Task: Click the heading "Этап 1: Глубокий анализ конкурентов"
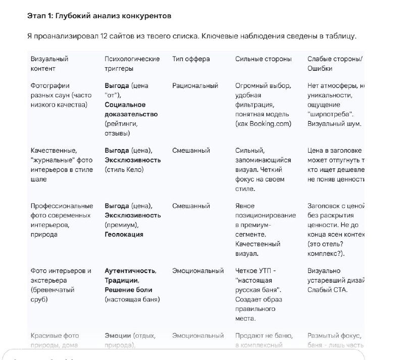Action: [x=99, y=16]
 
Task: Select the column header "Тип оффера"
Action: [x=191, y=59]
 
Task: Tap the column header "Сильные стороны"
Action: [x=263, y=59]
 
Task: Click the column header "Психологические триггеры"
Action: [x=132, y=64]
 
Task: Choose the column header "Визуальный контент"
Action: [x=49, y=64]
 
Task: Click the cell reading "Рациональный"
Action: [x=195, y=86]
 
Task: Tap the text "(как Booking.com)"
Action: [x=263, y=124]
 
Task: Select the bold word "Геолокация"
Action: [x=124, y=235]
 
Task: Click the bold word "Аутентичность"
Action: [x=130, y=271]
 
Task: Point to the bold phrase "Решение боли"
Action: [x=128, y=290]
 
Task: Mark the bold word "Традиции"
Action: [x=121, y=281]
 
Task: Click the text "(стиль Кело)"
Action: [x=124, y=170]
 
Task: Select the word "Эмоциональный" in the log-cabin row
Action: [x=197, y=271]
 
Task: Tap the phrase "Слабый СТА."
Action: [x=327, y=290]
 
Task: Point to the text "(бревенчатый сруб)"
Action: [x=52, y=295]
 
